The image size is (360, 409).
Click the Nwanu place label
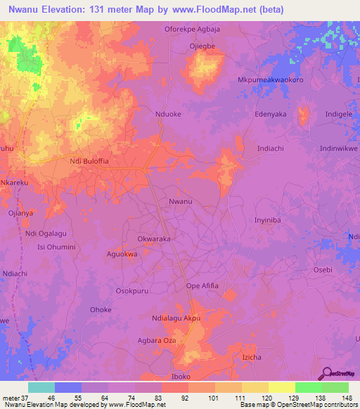pyautogui.click(x=180, y=202)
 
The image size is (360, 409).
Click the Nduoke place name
pyautogui.click(x=168, y=112)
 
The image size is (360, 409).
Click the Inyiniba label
pyautogui.click(x=267, y=220)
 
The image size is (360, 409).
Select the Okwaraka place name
pyautogui.click(x=155, y=239)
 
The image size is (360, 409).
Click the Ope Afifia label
pyautogui.click(x=202, y=285)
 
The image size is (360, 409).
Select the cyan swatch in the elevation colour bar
pyautogui.click(x=41, y=387)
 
